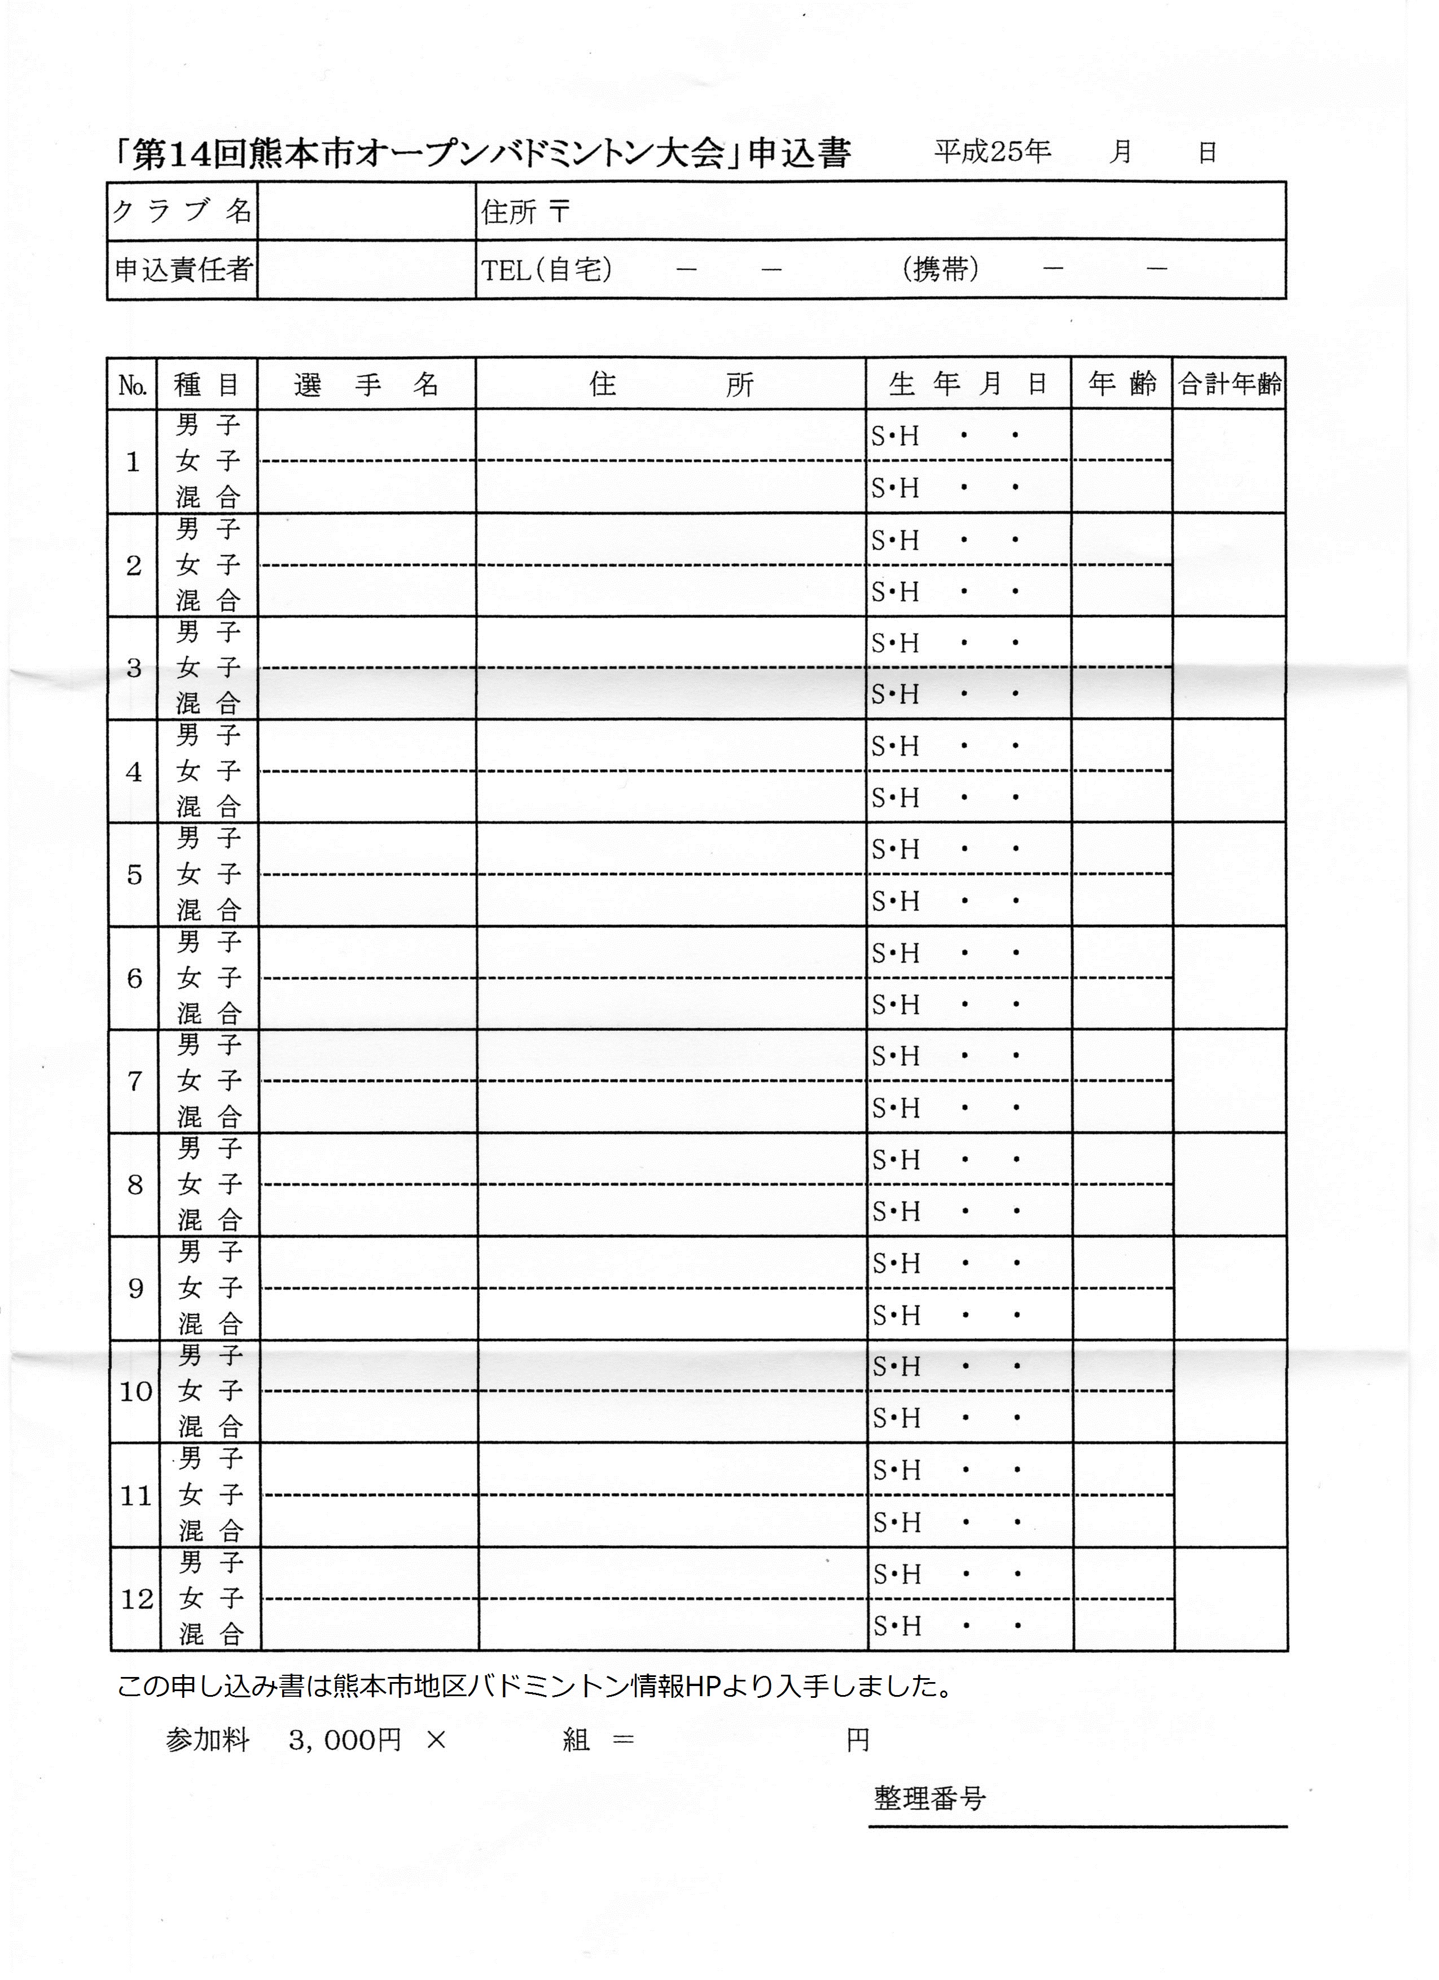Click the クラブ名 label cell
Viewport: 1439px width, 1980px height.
(x=182, y=211)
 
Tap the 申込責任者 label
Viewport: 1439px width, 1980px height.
(x=182, y=270)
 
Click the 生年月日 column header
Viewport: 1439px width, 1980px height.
(x=967, y=384)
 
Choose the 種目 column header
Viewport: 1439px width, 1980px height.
(x=207, y=384)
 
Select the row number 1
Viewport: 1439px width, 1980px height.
(x=133, y=462)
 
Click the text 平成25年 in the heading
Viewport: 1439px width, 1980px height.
(x=992, y=152)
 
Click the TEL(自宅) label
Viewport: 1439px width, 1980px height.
(x=547, y=270)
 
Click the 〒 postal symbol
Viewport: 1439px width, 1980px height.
(x=560, y=211)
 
